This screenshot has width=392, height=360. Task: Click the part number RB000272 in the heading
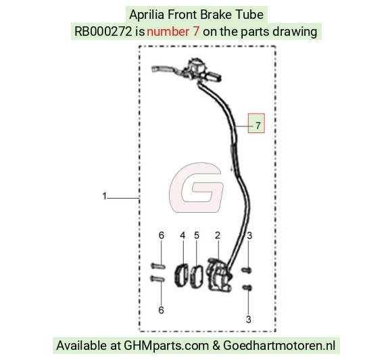[103, 32]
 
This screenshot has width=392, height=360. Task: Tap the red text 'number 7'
[173, 32]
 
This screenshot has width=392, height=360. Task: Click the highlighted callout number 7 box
[256, 123]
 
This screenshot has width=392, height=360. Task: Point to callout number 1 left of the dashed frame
[105, 196]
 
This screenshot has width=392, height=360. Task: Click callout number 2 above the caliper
[218, 235]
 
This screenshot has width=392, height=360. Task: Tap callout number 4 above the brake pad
[182, 235]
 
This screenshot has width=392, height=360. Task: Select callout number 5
[197, 235]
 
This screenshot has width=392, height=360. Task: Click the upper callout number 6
[162, 235]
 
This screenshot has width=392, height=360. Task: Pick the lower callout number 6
[162, 310]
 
